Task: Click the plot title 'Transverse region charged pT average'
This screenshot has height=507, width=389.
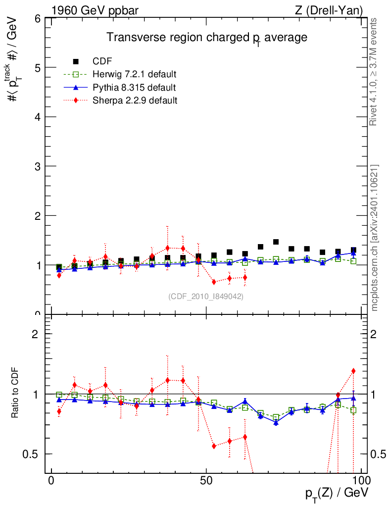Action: point(207,38)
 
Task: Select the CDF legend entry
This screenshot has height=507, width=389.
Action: point(102,61)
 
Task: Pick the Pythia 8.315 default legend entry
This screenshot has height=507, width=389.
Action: point(134,88)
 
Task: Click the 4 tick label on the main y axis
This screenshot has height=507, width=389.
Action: point(38,117)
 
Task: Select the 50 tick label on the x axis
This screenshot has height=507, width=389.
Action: point(206,481)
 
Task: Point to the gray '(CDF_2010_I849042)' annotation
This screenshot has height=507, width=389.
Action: point(206,296)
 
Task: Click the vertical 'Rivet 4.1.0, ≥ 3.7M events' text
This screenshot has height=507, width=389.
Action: point(374,72)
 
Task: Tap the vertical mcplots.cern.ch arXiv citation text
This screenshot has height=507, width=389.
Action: point(375,238)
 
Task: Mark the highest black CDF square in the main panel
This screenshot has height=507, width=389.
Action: point(276,242)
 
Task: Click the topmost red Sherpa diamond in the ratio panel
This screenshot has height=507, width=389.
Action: point(353,371)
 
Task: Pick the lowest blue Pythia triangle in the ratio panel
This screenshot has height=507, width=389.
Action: point(276,422)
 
